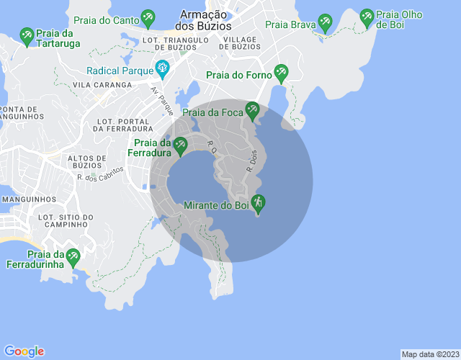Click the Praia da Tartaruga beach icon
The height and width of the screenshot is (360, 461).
click(x=27, y=34)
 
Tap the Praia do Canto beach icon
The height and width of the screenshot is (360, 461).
click(x=148, y=16)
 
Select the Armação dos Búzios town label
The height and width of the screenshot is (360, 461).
click(x=205, y=20)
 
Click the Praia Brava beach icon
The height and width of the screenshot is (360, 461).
click(x=325, y=23)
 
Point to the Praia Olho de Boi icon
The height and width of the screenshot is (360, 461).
click(x=367, y=16)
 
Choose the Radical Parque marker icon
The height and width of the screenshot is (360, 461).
click(x=162, y=70)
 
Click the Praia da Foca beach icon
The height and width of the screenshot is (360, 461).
click(x=251, y=110)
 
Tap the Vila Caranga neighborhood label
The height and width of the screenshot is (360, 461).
click(x=102, y=85)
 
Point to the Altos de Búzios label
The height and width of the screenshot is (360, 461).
click(x=87, y=163)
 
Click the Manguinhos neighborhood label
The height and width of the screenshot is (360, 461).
click(x=29, y=199)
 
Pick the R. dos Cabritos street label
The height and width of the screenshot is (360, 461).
click(x=101, y=174)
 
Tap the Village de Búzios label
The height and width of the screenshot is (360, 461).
click(x=242, y=42)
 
